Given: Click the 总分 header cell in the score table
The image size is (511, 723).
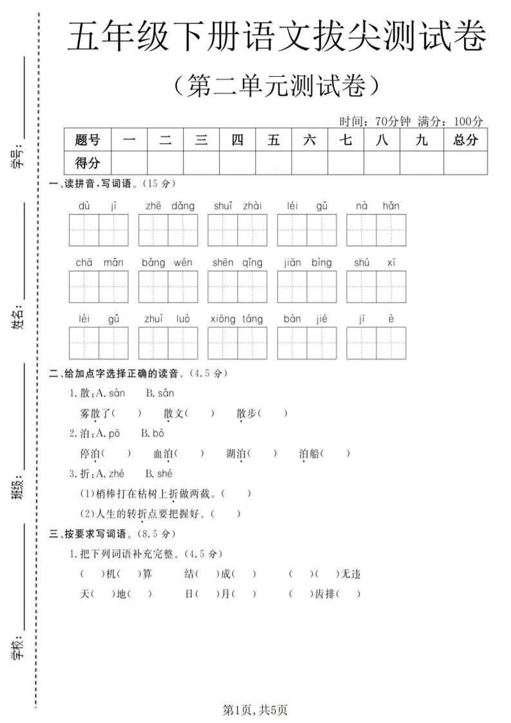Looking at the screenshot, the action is pyautogui.click(x=465, y=140).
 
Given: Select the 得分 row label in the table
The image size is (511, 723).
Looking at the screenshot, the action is pyautogui.click(x=88, y=163).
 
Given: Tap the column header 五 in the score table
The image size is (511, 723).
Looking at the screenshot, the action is pyautogui.click(x=273, y=140).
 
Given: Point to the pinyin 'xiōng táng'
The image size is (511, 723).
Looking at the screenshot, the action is pyautogui.click(x=236, y=319).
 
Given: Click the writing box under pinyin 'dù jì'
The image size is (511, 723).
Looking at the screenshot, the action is pyautogui.click(x=99, y=230).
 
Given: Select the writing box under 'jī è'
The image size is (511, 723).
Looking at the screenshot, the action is pyautogui.click(x=376, y=343).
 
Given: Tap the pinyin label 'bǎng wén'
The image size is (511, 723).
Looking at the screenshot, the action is pyautogui.click(x=167, y=262).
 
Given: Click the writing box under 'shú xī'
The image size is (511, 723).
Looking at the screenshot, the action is pyautogui.click(x=376, y=287).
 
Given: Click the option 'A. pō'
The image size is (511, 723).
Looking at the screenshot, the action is pyautogui.click(x=108, y=433).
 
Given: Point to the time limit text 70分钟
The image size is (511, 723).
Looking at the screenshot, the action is pyautogui.click(x=392, y=121).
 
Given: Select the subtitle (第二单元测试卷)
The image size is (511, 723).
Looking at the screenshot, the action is pyautogui.click(x=276, y=86).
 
